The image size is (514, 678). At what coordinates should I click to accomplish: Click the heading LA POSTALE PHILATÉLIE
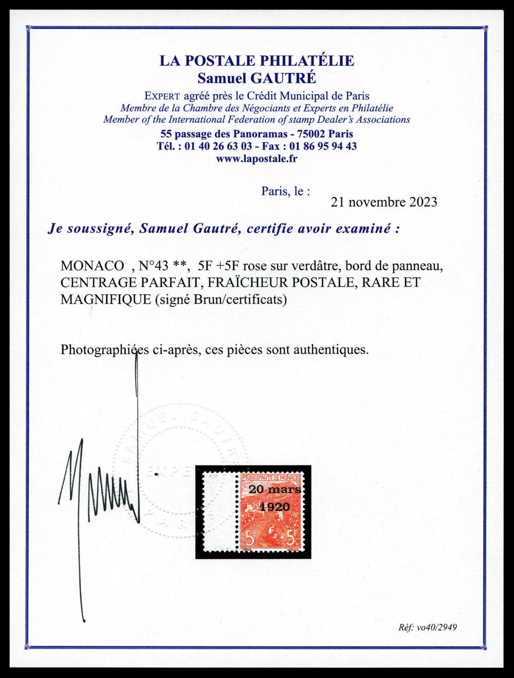pyautogui.click(x=256, y=61)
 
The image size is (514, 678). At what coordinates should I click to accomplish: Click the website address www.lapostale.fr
pyautogui.click(x=256, y=159)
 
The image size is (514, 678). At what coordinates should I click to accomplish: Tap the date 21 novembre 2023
pyautogui.click(x=384, y=202)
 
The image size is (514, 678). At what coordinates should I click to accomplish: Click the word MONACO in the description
pyautogui.click(x=92, y=266)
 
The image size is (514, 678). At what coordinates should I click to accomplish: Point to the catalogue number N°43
pyautogui.click(x=155, y=266)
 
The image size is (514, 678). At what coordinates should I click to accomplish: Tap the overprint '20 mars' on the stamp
pyautogui.click(x=274, y=489)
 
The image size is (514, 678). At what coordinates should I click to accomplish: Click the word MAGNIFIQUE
pyautogui.click(x=106, y=299)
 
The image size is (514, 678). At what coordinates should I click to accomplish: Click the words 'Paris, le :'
pyautogui.click(x=286, y=192)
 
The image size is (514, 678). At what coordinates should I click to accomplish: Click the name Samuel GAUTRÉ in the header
pyautogui.click(x=256, y=79)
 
